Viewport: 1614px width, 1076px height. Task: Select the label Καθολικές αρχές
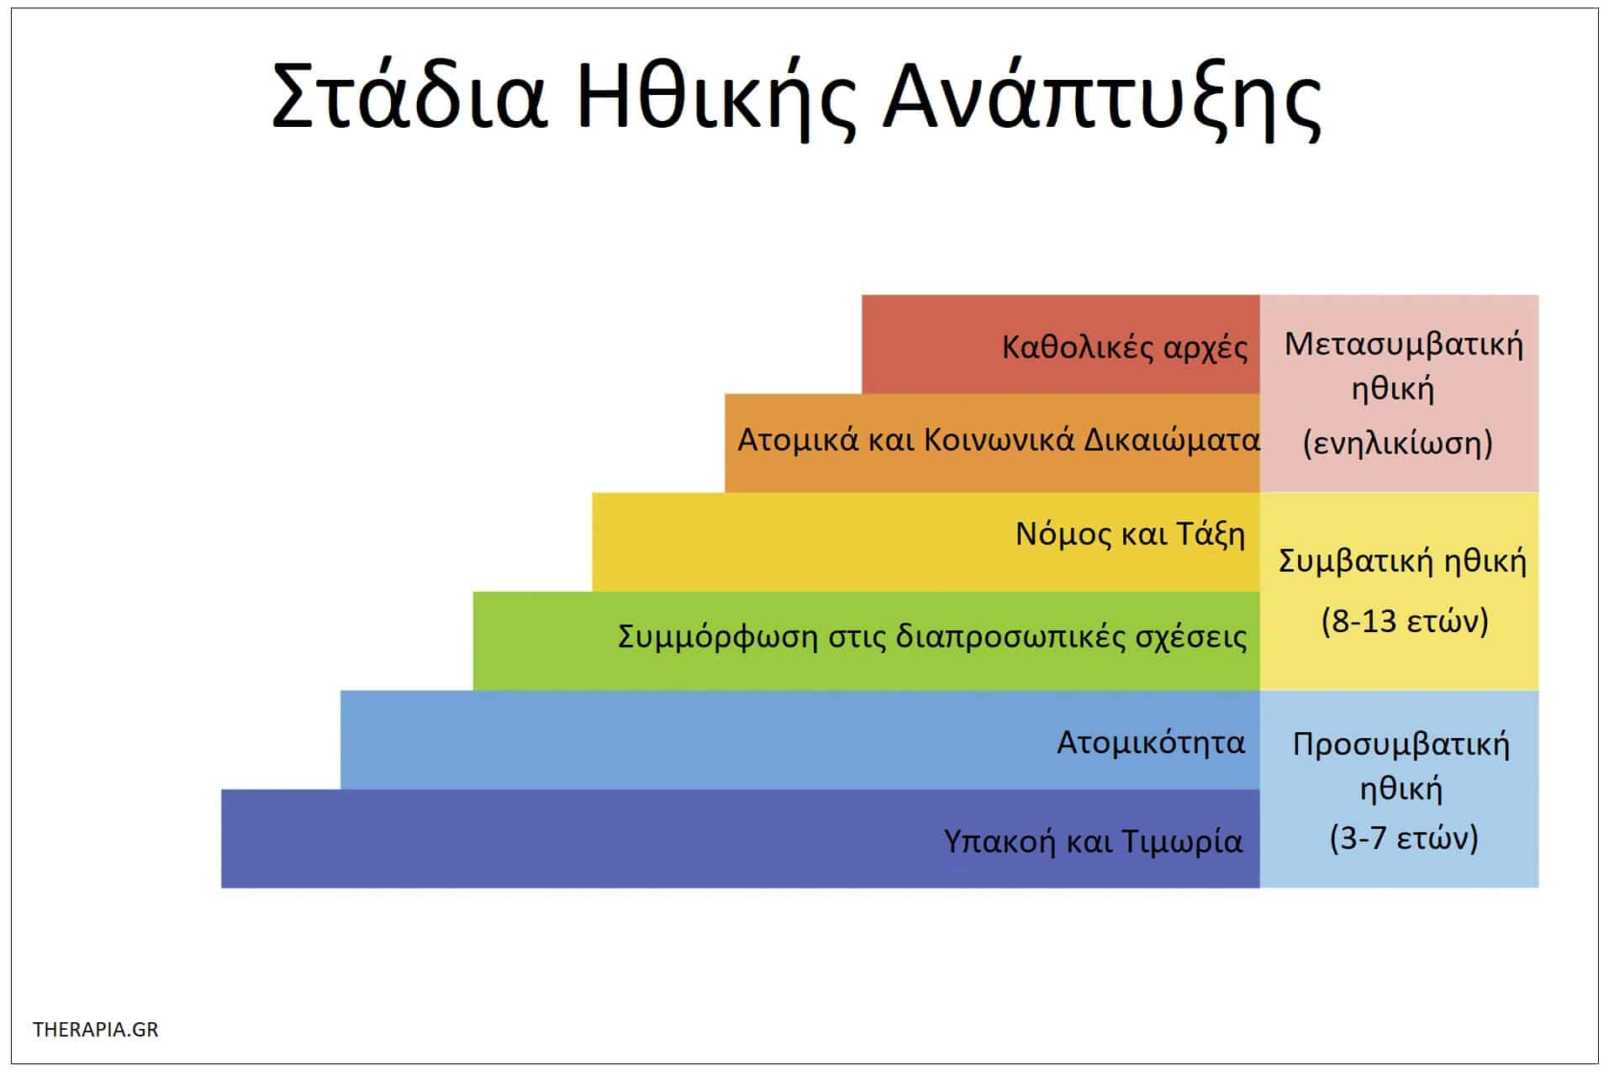[1124, 347]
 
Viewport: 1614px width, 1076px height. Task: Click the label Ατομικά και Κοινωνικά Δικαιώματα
[998, 440]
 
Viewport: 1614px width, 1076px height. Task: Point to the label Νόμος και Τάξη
[1130, 535]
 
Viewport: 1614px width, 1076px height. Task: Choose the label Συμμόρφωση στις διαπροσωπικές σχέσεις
[931, 637]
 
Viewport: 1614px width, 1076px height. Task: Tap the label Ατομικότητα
[1150, 743]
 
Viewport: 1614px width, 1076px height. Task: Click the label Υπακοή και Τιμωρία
[1092, 841]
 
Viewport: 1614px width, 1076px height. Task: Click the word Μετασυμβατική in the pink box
[1403, 345]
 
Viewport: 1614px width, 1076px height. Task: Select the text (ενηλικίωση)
[1397, 443]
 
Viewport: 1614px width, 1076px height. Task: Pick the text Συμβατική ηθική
[1401, 562]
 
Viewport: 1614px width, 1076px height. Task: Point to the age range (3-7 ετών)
[1403, 839]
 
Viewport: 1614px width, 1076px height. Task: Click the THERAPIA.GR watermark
[96, 1030]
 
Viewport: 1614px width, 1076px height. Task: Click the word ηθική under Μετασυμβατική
[1392, 390]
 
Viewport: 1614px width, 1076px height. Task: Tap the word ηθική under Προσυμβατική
[1400, 790]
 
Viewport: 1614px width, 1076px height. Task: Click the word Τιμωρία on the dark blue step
[1182, 841]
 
